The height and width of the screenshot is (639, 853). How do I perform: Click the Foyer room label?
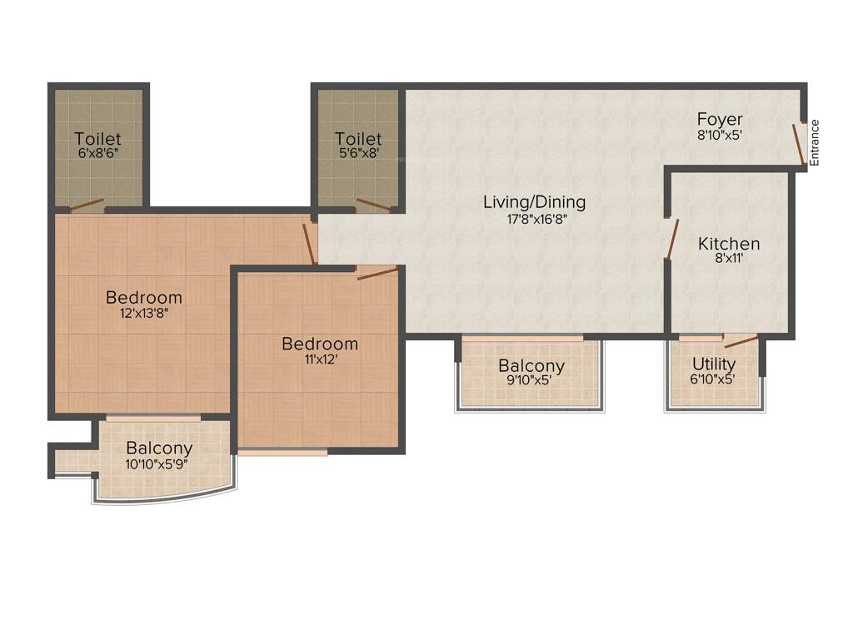point(719,119)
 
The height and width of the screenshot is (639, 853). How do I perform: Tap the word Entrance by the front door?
point(815,143)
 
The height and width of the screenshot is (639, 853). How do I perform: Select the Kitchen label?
point(729,244)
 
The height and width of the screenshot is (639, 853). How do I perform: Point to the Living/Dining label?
point(535,202)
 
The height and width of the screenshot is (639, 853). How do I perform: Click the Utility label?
point(714,364)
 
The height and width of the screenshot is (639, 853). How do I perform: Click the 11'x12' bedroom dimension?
point(319,360)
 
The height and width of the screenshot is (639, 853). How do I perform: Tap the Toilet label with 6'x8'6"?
point(97,139)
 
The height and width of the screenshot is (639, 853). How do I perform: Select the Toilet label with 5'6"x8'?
point(358,139)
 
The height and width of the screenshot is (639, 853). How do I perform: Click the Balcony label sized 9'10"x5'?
point(531,366)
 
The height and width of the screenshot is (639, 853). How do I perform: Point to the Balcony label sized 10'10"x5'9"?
point(159,448)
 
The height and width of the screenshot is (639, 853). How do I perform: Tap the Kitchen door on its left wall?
point(671,239)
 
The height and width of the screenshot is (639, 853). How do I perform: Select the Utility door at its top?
point(740,340)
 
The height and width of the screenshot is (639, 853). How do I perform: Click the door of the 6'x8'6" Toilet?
point(87,206)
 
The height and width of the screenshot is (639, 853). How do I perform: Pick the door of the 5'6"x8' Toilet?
point(372,206)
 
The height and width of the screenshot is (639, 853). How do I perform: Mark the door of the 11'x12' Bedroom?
point(377,273)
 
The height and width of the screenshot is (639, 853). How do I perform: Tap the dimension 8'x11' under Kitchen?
point(729,260)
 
